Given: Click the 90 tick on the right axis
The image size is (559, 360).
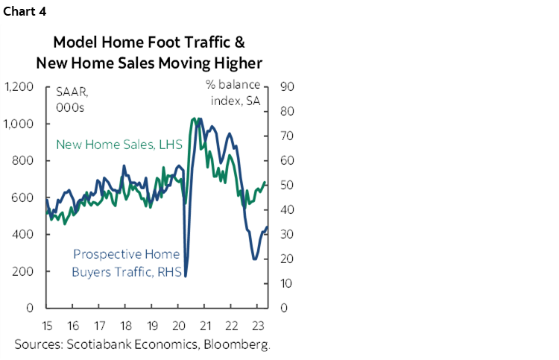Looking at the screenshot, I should (x=286, y=87).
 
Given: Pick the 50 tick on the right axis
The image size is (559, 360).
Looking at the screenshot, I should (x=286, y=186).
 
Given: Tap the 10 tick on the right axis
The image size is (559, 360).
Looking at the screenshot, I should (x=286, y=284).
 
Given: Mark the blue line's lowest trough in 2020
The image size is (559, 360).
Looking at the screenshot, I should (x=184, y=277).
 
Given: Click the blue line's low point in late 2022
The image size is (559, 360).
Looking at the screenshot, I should (x=255, y=259).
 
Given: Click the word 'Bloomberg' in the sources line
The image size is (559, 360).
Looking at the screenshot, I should (x=233, y=344).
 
